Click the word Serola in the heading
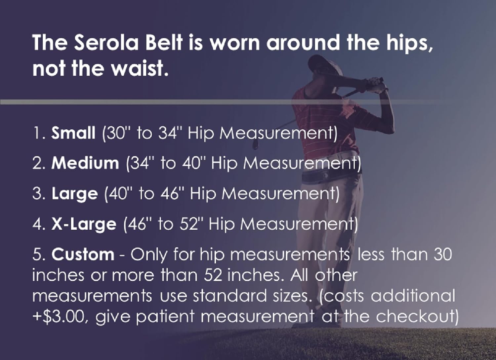pos(105,43)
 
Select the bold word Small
pos(73,133)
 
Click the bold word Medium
pos(85,163)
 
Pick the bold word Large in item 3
pos(75,194)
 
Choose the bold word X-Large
pos(84,224)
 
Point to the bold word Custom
pos(83,255)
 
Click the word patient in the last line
pos(164,317)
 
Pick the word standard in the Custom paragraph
pos(229,296)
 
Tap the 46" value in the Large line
pos(172,194)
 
